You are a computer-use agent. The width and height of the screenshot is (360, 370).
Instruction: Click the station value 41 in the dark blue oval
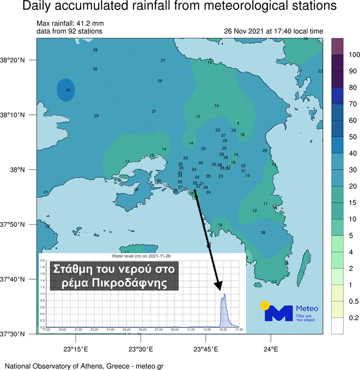(x=68, y=90)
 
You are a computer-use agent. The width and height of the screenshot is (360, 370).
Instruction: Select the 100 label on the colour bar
(x=342, y=54)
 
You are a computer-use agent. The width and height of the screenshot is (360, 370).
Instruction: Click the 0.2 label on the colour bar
(x=342, y=318)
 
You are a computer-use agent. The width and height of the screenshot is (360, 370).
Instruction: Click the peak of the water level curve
(x=224, y=294)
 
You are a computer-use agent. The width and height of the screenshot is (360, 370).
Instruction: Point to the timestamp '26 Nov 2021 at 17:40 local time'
(x=273, y=31)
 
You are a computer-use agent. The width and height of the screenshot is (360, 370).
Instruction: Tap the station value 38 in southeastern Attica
(x=263, y=233)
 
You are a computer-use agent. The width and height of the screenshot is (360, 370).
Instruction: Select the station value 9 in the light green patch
(x=238, y=123)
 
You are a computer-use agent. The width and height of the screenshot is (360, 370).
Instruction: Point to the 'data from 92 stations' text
(x=69, y=31)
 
